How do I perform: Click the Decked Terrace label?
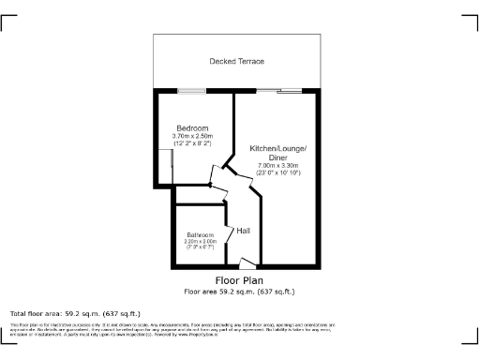236,61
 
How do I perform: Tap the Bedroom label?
192,128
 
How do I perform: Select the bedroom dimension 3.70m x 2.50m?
192,137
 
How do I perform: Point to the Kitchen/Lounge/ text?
277,150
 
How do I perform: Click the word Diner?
277,157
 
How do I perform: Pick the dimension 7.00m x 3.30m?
277,166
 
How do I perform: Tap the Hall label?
243,231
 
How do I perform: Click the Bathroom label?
201,234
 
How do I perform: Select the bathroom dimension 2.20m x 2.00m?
201,241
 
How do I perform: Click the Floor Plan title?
239,280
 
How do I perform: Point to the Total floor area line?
74,313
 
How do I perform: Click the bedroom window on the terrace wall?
192,91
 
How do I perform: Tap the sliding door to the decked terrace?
278,91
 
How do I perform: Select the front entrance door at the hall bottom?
246,264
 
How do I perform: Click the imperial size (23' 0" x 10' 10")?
277,173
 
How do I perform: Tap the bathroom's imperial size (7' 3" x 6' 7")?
201,247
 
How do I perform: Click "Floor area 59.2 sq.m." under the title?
239,291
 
